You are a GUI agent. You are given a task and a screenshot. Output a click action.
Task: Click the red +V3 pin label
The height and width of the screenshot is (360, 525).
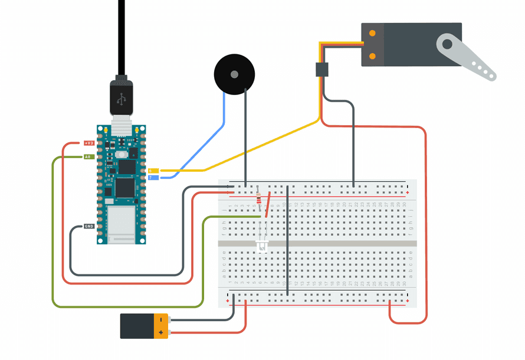click(x=89, y=143)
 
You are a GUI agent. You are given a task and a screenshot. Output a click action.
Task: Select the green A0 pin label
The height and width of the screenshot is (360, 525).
click(x=87, y=157)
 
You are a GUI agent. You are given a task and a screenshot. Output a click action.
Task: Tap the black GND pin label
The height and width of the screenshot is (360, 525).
click(x=88, y=227)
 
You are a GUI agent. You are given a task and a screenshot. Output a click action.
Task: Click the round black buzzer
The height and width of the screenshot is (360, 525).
click(x=234, y=74)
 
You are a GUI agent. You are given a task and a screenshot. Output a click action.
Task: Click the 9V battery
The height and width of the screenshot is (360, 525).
click(x=145, y=326)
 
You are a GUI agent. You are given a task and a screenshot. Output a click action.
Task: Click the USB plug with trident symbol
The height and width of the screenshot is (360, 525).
click(x=121, y=98)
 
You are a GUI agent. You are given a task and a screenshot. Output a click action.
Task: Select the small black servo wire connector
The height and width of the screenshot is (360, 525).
click(x=321, y=70)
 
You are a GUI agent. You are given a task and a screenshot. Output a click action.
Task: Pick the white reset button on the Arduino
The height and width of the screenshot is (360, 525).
click(x=122, y=155)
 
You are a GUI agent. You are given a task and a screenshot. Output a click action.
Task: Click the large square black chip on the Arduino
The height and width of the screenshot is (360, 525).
click(x=125, y=187)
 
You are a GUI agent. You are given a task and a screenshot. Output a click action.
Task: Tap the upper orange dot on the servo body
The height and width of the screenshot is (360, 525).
click(x=372, y=34)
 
